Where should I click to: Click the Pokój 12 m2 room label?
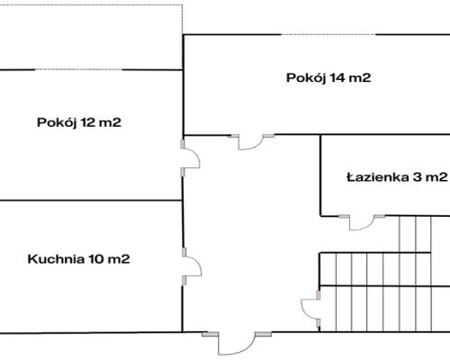pyautogui.click(x=79, y=122)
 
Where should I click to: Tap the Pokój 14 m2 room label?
pyautogui.click(x=328, y=77)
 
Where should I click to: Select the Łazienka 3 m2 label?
pyautogui.click(x=396, y=176)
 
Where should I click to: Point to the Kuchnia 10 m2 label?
pyautogui.click(x=79, y=259)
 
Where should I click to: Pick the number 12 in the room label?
pyautogui.click(x=88, y=122)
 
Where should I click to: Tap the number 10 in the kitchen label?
pyautogui.click(x=96, y=259)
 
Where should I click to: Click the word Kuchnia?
pyautogui.click(x=56, y=259)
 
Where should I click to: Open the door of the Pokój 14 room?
pyautogui.click(x=251, y=140)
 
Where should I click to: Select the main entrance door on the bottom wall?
pyautogui.click(x=236, y=342)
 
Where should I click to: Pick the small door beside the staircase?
pyautogui.click(x=310, y=310)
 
